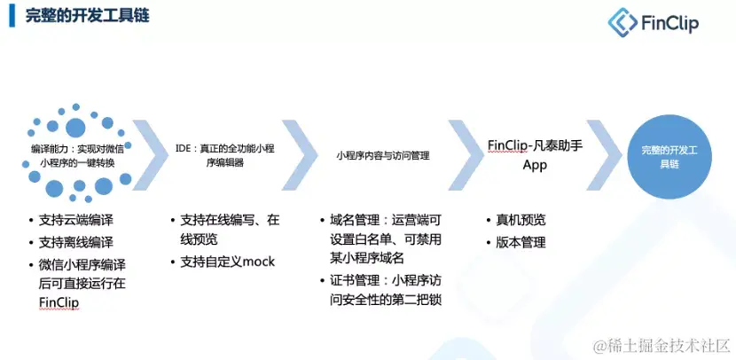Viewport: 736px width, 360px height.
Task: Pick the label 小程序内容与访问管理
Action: [383, 155]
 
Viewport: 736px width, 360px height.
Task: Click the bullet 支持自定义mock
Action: [228, 262]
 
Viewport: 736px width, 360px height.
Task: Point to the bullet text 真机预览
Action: [522, 220]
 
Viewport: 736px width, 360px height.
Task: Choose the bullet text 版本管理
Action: [522, 241]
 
